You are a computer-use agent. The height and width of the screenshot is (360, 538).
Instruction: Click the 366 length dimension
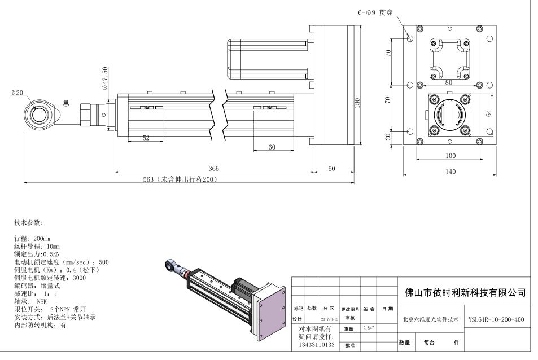click(x=213, y=168)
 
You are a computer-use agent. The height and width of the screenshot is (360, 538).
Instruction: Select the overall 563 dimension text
click(x=180, y=179)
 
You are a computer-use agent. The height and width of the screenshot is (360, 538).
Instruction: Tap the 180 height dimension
click(x=357, y=103)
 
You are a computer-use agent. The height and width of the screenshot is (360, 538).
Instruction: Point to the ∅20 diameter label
click(x=16, y=93)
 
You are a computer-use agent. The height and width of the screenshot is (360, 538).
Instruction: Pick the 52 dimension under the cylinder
click(x=146, y=138)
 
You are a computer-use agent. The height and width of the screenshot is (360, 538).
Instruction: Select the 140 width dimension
click(x=450, y=172)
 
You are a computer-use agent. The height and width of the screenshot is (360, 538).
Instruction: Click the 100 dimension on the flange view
click(x=450, y=155)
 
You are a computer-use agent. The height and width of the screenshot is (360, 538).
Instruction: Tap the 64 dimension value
click(x=489, y=112)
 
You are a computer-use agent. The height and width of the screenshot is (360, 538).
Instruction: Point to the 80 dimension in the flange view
click(x=449, y=82)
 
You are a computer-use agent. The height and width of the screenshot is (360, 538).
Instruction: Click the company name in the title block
click(x=466, y=292)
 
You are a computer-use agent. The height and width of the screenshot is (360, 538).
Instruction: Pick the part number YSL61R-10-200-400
click(x=496, y=319)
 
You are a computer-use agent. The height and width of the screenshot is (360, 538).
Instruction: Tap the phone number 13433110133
click(x=316, y=344)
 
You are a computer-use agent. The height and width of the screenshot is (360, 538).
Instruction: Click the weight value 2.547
click(x=368, y=328)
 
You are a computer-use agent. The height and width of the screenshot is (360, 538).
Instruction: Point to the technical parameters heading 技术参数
click(x=28, y=223)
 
